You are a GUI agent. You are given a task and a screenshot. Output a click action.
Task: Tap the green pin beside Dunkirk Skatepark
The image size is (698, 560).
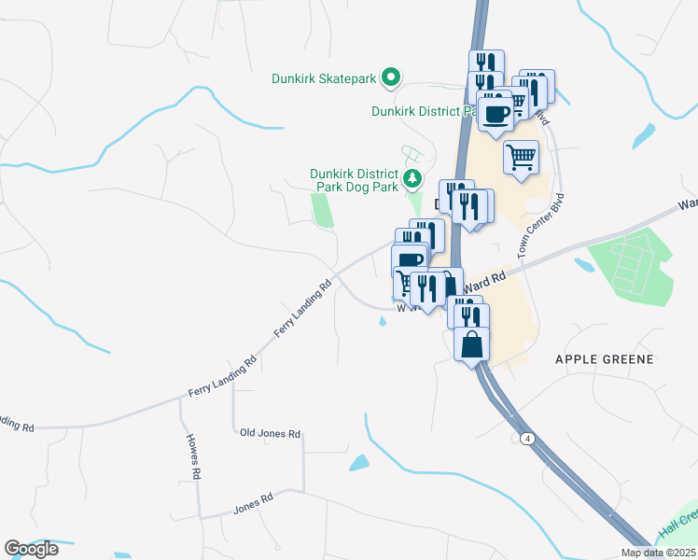pyautogui.click(x=393, y=78)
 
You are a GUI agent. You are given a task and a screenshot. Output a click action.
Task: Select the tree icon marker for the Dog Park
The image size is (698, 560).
pyautogui.click(x=412, y=177)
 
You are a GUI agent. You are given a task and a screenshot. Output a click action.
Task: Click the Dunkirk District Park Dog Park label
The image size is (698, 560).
pyautogui.click(x=355, y=180)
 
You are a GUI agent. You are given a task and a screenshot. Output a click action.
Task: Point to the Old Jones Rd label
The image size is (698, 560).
pyautogui.click(x=270, y=434)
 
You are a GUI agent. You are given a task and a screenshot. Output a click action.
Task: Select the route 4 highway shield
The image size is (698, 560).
pyautogui.click(x=528, y=438)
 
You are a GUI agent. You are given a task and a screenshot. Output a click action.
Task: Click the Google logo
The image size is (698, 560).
pyautogui.click(x=31, y=549)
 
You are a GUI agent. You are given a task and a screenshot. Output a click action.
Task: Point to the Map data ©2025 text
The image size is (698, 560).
pyautogui.click(x=658, y=553)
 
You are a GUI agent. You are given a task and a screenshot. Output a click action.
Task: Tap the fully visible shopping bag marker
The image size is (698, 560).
pyautogui.click(x=472, y=343)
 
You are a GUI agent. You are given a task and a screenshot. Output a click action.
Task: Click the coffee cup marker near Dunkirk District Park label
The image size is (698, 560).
pyautogui.click(x=495, y=113)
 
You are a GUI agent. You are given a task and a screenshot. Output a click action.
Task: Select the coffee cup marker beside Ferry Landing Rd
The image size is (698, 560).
pyautogui.click(x=410, y=260)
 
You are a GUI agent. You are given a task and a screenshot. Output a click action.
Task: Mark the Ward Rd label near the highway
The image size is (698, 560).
pyautogui.click(x=486, y=277)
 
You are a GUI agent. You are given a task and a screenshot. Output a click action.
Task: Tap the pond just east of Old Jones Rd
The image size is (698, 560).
pyautogui.click(x=358, y=462)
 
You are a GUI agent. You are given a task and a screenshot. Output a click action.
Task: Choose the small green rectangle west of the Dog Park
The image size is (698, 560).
pyautogui.click(x=322, y=210)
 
